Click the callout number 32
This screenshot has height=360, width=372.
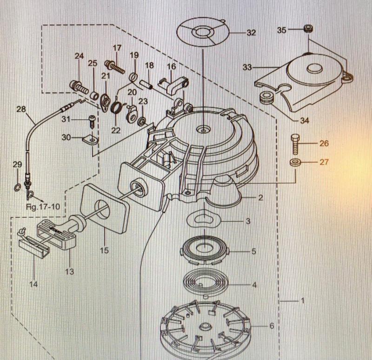click(x=251, y=33)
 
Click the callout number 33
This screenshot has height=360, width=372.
click(x=247, y=67)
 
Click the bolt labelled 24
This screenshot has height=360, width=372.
click(x=79, y=86)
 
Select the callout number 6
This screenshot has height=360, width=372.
click(x=272, y=326)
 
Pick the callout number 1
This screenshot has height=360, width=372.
click(x=302, y=301)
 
